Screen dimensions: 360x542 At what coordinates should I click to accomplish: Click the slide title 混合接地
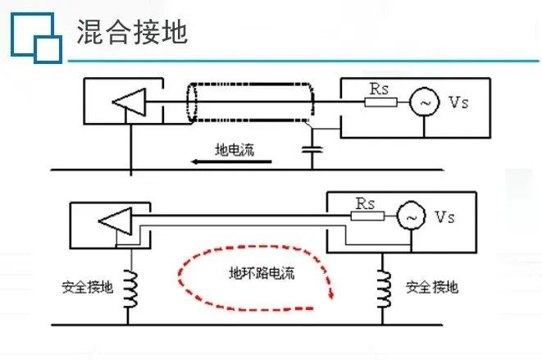click(x=132, y=33)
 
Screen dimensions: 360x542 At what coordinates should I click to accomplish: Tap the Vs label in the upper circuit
click(x=460, y=103)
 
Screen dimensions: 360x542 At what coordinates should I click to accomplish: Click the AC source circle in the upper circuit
click(x=425, y=103)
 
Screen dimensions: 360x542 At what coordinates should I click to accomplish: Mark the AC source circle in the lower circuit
click(x=409, y=217)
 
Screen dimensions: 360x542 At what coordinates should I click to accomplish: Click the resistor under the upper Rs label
click(x=381, y=103)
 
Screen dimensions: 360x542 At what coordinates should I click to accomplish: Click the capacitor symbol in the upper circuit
click(x=311, y=149)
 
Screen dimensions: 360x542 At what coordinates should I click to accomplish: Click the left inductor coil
click(x=128, y=288)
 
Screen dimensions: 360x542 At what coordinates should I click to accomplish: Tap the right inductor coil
click(x=382, y=288)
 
